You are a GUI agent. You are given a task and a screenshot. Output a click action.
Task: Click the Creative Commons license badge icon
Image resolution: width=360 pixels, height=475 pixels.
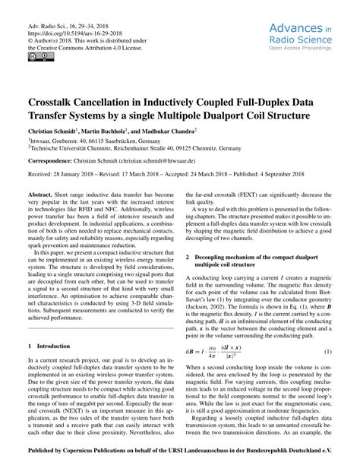tap(36, 56)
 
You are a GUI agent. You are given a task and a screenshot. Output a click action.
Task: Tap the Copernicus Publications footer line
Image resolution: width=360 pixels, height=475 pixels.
tap(180, 459)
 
